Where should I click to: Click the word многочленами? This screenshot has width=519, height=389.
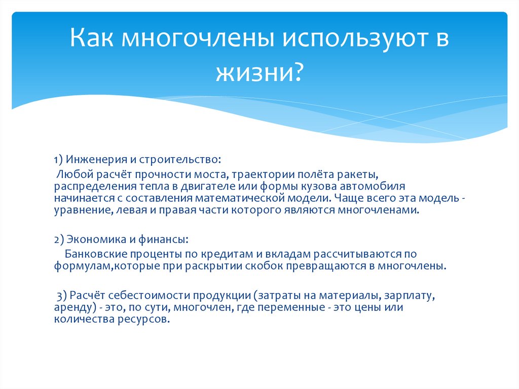pyautogui.click(x=387, y=210)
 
